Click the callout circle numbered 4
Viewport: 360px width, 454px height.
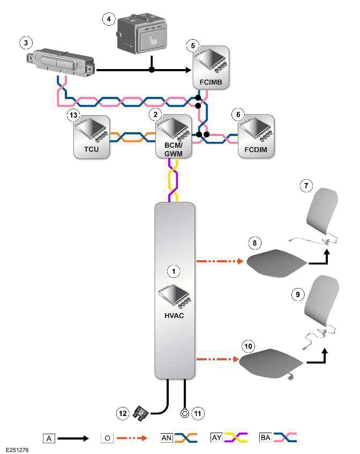(109, 19)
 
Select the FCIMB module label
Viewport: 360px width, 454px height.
(211, 83)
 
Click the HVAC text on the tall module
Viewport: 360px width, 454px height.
(173, 316)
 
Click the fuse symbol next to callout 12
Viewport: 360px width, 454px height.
(140, 412)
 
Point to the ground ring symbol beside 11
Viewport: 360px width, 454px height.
(184, 413)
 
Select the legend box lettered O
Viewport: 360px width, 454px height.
(106, 438)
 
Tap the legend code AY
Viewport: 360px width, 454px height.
(216, 437)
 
